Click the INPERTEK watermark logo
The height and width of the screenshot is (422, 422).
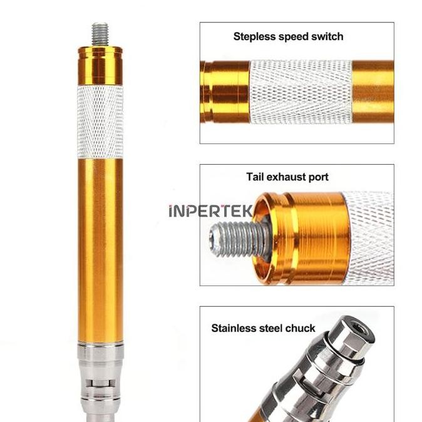coord(211,211)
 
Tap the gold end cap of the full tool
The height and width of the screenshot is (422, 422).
coord(100,64)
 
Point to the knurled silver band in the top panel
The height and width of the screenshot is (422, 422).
coord(300,92)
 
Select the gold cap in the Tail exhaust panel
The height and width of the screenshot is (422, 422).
coord(301,238)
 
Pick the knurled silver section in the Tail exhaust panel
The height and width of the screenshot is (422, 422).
coord(369,238)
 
